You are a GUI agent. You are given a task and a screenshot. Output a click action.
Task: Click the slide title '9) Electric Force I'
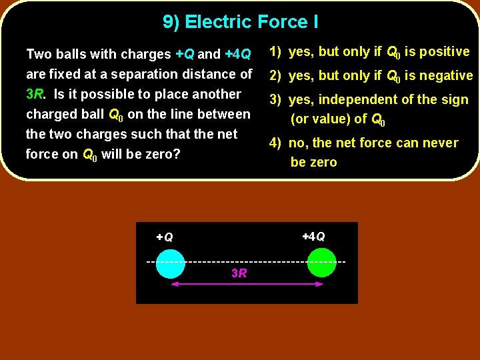click(240, 22)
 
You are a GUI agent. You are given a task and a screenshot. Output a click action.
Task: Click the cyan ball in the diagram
click(170, 263)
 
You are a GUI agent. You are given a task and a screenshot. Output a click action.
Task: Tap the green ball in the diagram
click(322, 262)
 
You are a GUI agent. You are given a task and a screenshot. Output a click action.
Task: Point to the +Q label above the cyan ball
click(165, 237)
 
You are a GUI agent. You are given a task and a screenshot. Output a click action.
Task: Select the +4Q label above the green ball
click(313, 237)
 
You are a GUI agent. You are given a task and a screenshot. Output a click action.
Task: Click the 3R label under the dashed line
click(239, 273)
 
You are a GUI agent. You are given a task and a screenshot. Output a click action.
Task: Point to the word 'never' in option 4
click(440, 143)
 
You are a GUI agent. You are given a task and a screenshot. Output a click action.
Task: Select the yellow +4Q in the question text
click(237, 54)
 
